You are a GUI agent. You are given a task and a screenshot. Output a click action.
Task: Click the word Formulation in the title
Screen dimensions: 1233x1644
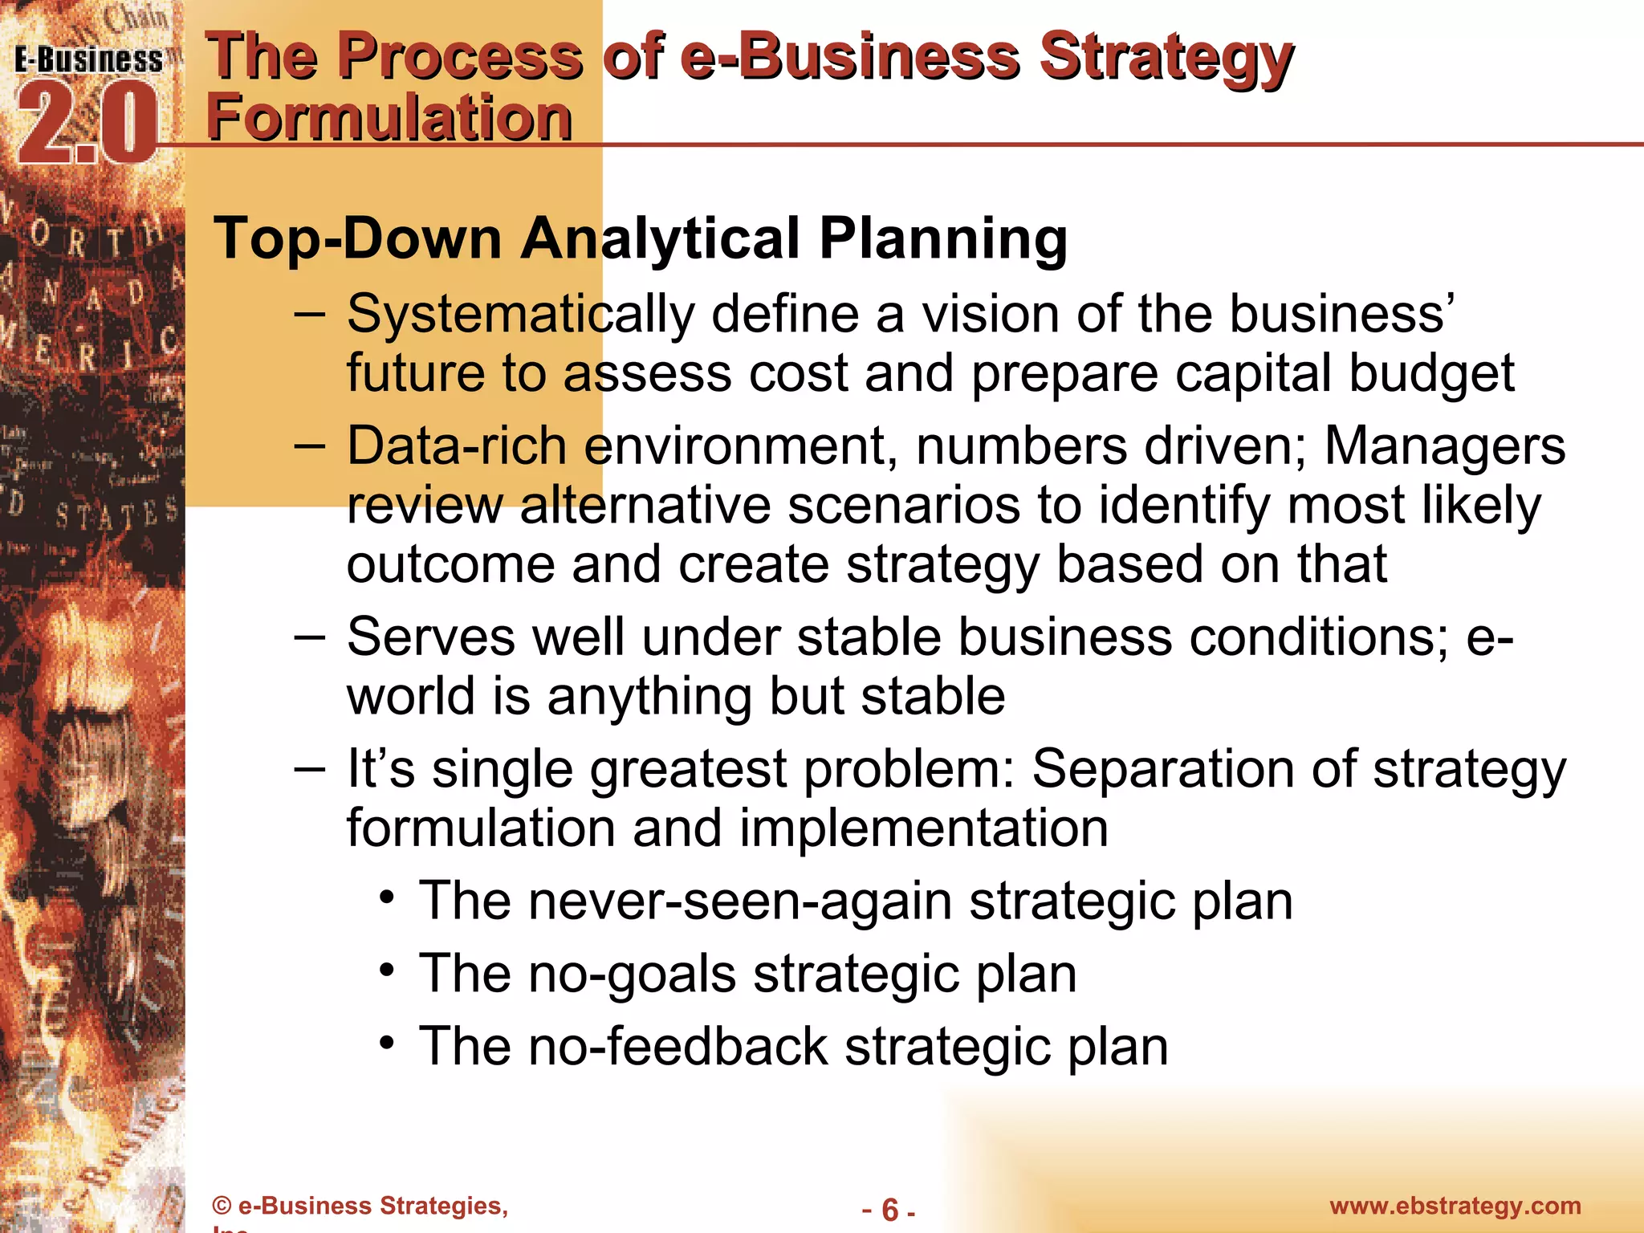389,117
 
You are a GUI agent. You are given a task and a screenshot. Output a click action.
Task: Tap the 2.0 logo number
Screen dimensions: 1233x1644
87,124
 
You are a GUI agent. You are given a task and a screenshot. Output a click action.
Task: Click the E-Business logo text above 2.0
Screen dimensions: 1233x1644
88,60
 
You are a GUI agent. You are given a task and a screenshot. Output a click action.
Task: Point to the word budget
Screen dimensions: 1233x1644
1430,374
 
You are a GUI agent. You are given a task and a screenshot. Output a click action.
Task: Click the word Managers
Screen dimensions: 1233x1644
1444,446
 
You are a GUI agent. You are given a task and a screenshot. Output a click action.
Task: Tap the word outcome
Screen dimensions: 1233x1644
450,564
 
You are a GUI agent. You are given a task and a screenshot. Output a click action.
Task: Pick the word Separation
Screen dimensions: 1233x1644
1162,769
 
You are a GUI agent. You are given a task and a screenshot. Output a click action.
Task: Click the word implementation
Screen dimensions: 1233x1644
923,828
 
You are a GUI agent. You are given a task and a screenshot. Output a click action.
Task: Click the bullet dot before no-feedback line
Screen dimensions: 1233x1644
388,1042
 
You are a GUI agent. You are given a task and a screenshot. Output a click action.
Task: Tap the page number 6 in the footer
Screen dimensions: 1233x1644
889,1209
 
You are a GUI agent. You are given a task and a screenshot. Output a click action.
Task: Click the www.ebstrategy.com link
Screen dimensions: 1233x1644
1455,1206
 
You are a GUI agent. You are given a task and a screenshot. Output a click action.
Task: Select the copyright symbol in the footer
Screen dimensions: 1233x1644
222,1206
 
